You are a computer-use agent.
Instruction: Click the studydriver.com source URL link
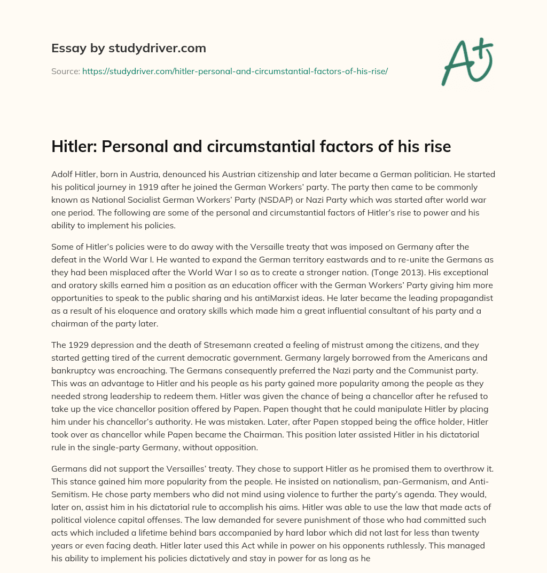(235, 71)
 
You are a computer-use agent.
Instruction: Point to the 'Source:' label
(65, 71)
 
